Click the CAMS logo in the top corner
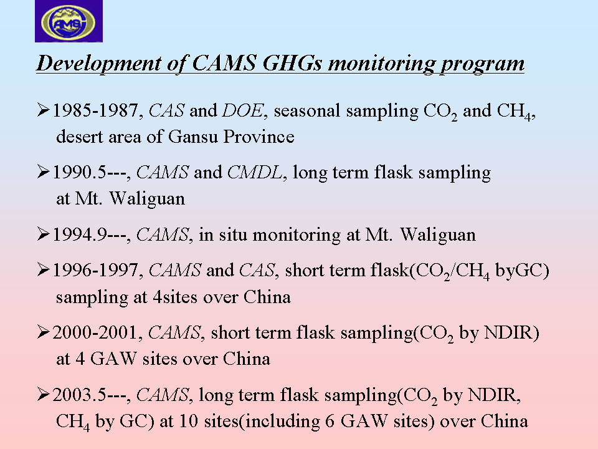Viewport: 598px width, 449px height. [69, 21]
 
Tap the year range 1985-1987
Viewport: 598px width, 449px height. [95, 110]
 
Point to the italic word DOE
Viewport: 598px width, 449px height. [242, 110]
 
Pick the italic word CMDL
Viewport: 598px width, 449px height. [255, 172]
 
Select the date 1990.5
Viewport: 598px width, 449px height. [79, 172]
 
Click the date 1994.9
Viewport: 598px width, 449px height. [79, 234]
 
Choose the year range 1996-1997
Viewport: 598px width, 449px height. [95, 270]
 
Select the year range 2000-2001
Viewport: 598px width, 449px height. [95, 332]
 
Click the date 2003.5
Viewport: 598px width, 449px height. [78, 395]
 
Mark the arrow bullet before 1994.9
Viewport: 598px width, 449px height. [43, 234]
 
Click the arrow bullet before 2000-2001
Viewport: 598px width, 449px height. [43, 332]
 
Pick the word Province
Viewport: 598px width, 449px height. [259, 137]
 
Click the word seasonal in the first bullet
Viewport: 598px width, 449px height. [306, 111]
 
